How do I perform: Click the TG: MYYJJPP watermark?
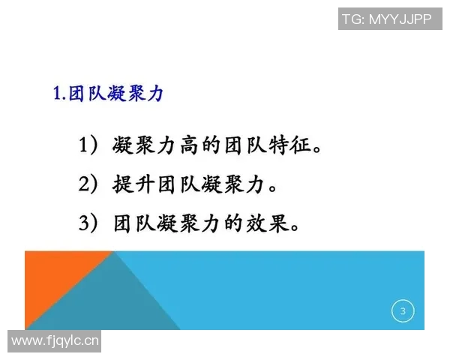pos(386,18)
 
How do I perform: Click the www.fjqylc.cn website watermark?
pos(56,341)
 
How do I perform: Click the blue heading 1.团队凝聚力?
pos(108,94)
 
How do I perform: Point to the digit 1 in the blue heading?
pos(58,95)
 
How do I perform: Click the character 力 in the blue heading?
pos(155,94)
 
